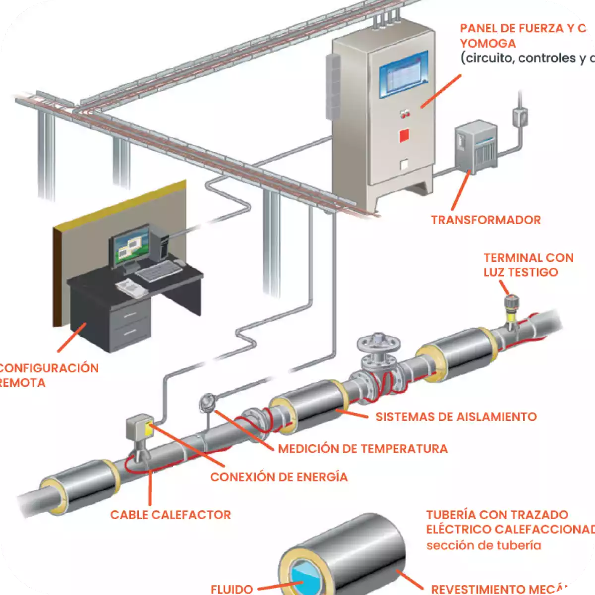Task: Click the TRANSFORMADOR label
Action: [x=485, y=220]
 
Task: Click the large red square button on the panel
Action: [x=404, y=135]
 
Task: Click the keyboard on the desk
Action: [x=158, y=271]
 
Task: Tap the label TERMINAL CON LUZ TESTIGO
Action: [x=528, y=265]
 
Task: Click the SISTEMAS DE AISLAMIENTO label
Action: [x=456, y=416]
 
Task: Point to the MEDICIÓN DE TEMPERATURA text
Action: [x=362, y=449]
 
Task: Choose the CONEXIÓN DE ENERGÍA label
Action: [x=279, y=477]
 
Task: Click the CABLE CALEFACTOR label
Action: [x=171, y=515]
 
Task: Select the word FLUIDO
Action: [x=232, y=589]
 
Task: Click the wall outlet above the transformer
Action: [x=520, y=118]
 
